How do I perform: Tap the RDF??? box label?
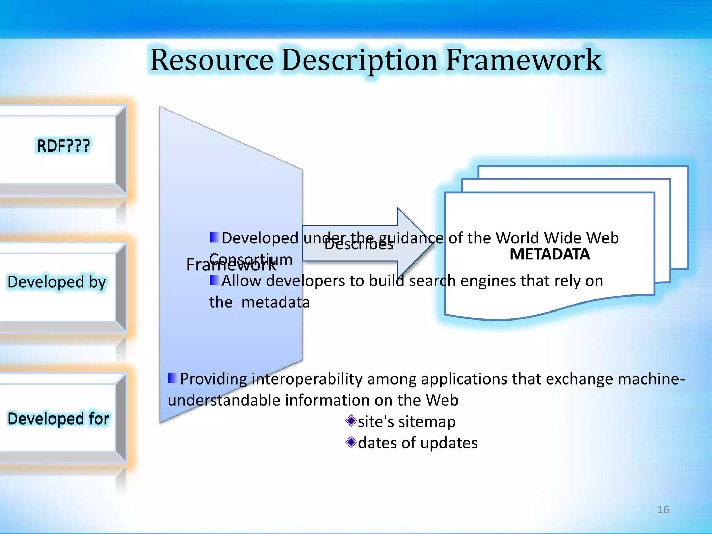pos(63,146)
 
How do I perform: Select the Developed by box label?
pos(57,282)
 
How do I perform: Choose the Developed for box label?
pos(58,419)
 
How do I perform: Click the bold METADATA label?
pos(550,254)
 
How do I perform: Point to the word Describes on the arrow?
pos(359,245)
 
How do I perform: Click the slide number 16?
pos(663,510)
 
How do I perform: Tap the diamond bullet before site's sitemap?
pos(351,421)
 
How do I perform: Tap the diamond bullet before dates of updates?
pos(351,443)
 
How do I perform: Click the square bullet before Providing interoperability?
pos(172,378)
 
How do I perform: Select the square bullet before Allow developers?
pos(214,280)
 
